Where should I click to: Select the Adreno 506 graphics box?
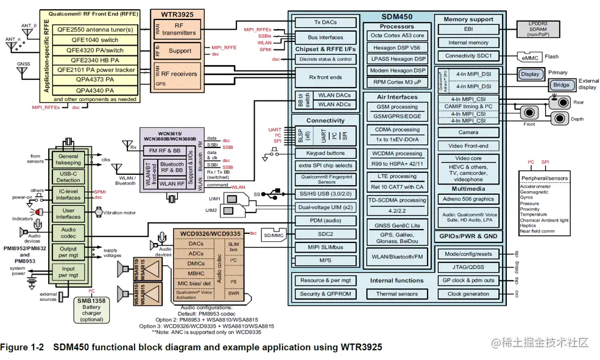pos(467,199)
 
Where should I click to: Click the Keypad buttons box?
pos(326,154)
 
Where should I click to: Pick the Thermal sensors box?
pos(397,294)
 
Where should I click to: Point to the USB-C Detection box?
pos(68,177)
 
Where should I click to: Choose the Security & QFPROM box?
pos(326,294)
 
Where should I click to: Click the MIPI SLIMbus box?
pos(326,247)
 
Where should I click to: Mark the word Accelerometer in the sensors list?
pos(535,186)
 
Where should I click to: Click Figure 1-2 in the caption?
pos(23,347)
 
